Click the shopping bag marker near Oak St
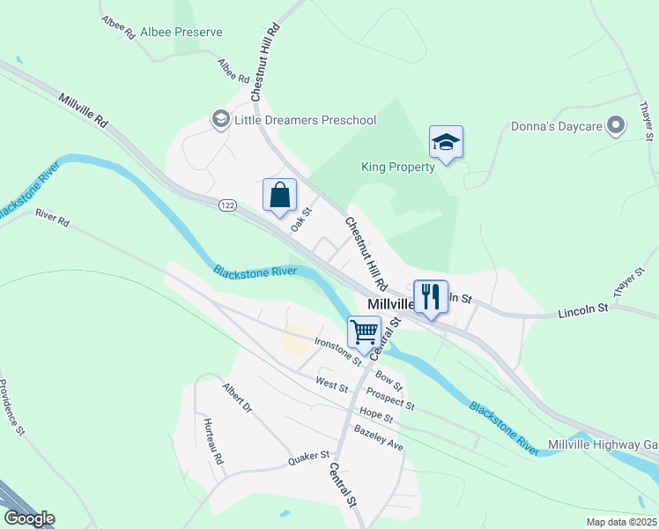[279, 196]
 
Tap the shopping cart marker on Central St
[364, 332]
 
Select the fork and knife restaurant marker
[430, 296]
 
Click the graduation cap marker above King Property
[446, 142]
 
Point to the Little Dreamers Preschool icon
[219, 120]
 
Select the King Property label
[398, 167]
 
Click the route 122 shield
[228, 205]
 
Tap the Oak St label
[302, 219]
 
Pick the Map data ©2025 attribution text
[621, 523]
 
